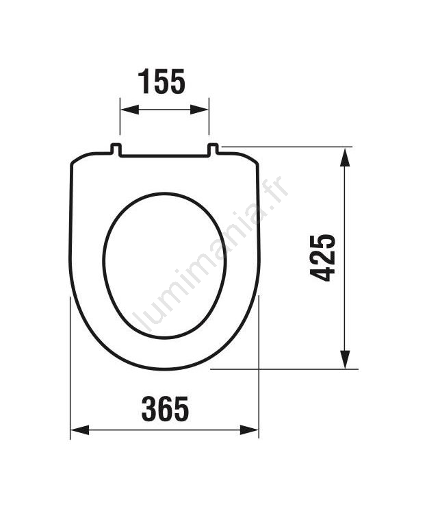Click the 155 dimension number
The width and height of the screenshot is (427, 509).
tap(161, 81)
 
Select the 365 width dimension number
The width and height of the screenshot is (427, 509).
tap(165, 409)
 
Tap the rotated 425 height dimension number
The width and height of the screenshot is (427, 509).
tap(322, 258)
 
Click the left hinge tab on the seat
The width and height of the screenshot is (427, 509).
tap(116, 149)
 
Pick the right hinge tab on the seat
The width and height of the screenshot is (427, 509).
tap(213, 149)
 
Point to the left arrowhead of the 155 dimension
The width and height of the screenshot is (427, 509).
tap(130, 110)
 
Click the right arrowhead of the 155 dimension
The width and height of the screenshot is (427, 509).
tap(199, 110)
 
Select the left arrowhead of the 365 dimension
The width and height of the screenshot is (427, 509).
tap(80, 430)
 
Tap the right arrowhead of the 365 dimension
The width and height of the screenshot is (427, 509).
tap(249, 430)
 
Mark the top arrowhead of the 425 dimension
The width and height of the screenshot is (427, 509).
tap(346, 157)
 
